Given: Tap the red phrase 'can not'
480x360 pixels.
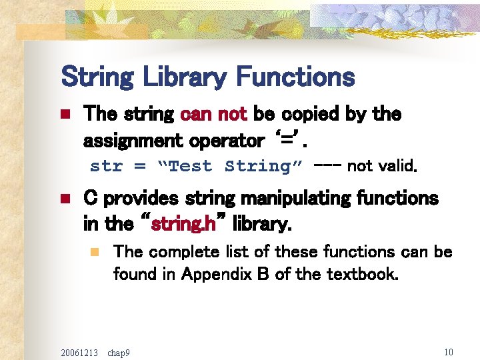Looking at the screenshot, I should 213,115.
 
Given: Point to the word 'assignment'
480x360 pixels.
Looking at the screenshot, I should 133,141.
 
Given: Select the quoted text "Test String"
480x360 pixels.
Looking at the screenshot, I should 231,166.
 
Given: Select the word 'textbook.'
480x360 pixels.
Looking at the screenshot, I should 363,274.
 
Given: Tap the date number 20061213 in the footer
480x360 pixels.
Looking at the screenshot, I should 78,351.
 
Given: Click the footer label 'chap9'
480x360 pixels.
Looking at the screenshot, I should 119,351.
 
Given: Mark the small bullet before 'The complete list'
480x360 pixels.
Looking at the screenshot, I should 95,253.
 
